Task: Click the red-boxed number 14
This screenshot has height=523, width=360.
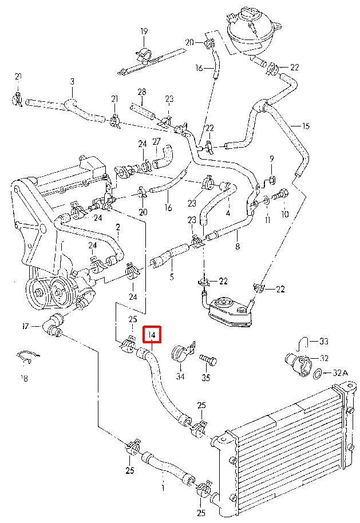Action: point(152,334)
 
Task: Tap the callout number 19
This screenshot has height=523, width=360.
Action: point(144,31)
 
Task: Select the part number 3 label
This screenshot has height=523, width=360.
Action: point(72,82)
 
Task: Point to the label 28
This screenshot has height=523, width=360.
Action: point(142,92)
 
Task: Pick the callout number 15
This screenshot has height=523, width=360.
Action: point(305,125)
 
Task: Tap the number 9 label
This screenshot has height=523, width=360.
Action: point(272,159)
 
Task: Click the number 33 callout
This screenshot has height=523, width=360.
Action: point(324,342)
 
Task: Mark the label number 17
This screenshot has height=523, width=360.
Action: point(25,327)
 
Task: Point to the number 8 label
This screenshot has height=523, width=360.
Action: point(238,247)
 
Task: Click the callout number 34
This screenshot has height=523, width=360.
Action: point(180,377)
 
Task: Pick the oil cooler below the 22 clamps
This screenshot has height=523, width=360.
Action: point(230,312)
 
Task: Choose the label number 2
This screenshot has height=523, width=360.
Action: point(118,228)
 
